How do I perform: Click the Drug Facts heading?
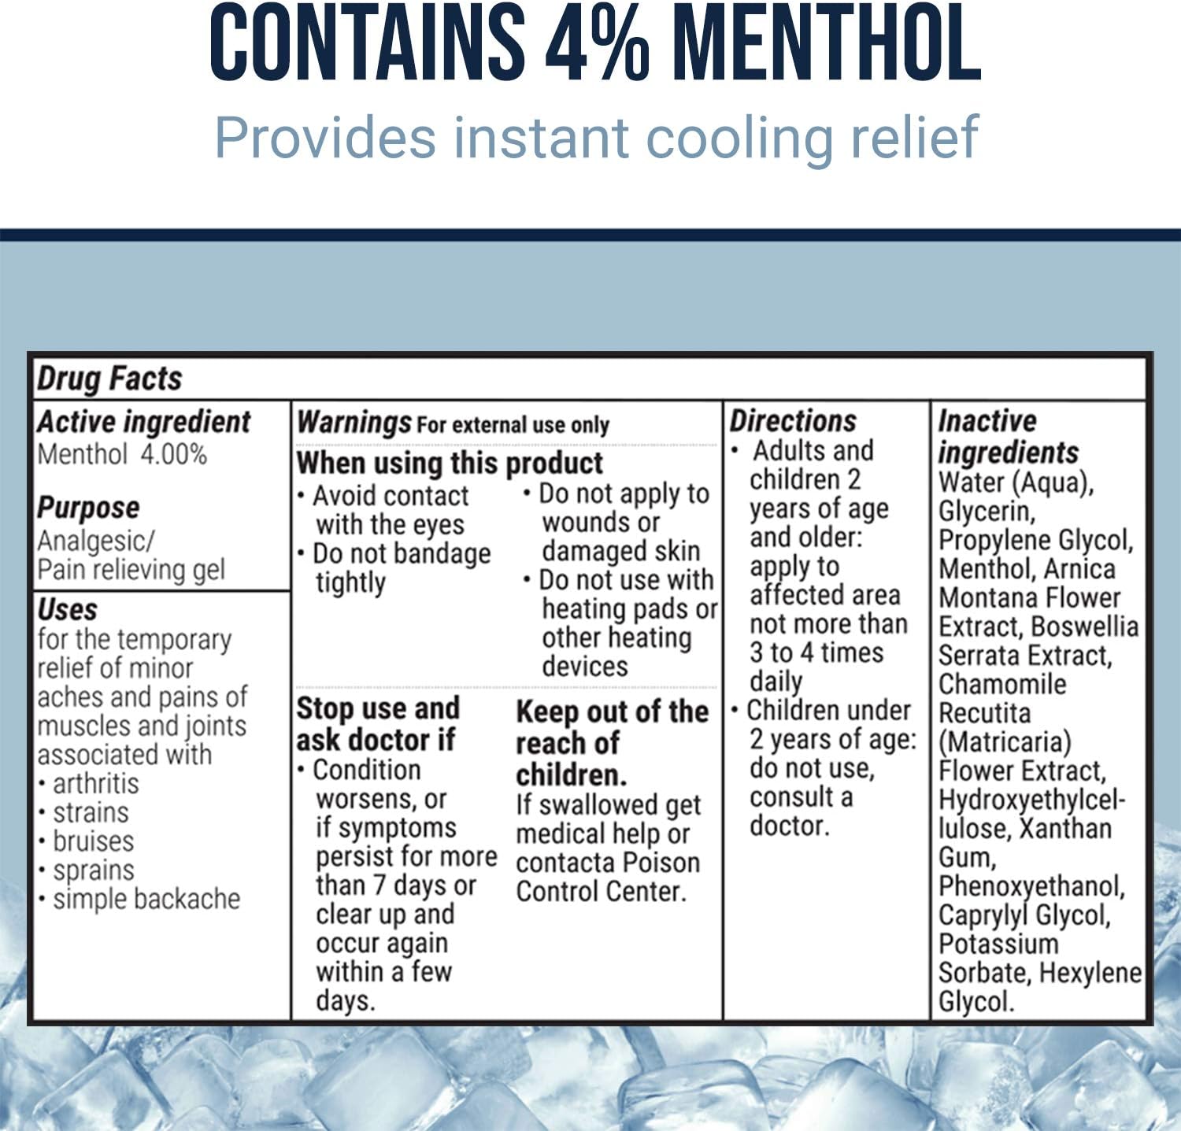point(109,379)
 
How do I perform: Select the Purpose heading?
point(88,508)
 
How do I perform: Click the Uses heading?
point(68,609)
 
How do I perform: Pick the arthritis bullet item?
point(95,784)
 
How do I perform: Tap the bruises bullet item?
point(93,841)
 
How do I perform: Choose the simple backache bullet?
point(146,899)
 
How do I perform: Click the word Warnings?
point(354,423)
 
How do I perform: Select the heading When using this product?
point(450,463)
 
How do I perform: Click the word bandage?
point(442,554)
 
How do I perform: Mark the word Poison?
point(662,863)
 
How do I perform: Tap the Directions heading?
point(793,421)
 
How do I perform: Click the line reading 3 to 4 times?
point(816,652)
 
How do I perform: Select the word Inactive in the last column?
point(987,421)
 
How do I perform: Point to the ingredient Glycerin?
point(987,512)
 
